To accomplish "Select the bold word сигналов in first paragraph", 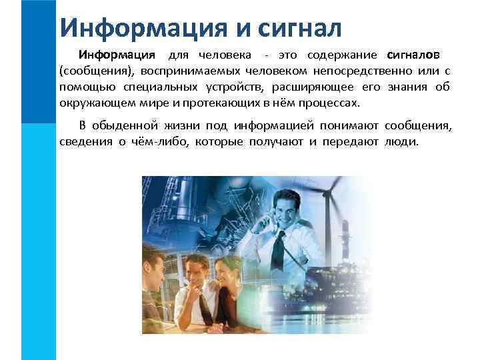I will point(413,54).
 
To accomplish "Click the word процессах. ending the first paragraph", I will point(329,104).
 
